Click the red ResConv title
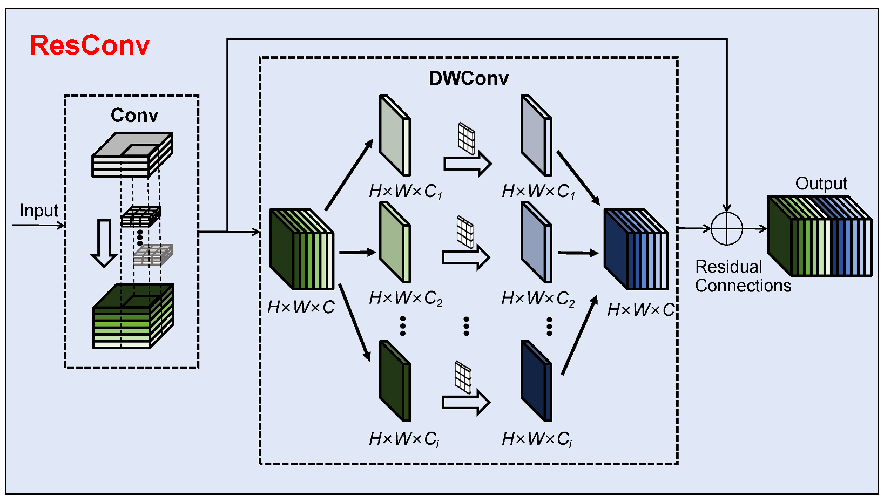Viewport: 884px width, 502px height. point(90,45)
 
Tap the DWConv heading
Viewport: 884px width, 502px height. point(468,78)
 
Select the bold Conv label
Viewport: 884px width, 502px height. point(134,115)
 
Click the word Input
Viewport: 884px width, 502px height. point(39,211)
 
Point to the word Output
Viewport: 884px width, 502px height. point(821,184)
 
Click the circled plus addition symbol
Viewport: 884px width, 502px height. point(726,228)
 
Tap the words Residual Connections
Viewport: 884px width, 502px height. point(743,276)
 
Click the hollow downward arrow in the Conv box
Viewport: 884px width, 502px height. point(104,243)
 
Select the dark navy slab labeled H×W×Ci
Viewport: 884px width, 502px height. point(536,381)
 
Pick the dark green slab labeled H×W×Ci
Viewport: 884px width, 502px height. point(395,381)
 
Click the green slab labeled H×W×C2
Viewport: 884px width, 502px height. point(395,242)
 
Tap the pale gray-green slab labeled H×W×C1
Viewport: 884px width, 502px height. point(395,135)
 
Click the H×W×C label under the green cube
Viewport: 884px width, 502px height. point(301,307)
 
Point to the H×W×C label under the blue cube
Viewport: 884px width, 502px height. point(641,309)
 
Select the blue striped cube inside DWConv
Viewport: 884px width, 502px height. point(636,249)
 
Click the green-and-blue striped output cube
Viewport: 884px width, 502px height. point(820,236)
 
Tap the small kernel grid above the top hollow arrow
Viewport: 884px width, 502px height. point(467,139)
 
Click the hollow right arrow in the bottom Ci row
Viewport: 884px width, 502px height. point(466,403)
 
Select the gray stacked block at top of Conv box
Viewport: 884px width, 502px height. point(132,154)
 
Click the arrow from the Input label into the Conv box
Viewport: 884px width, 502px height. point(38,225)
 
